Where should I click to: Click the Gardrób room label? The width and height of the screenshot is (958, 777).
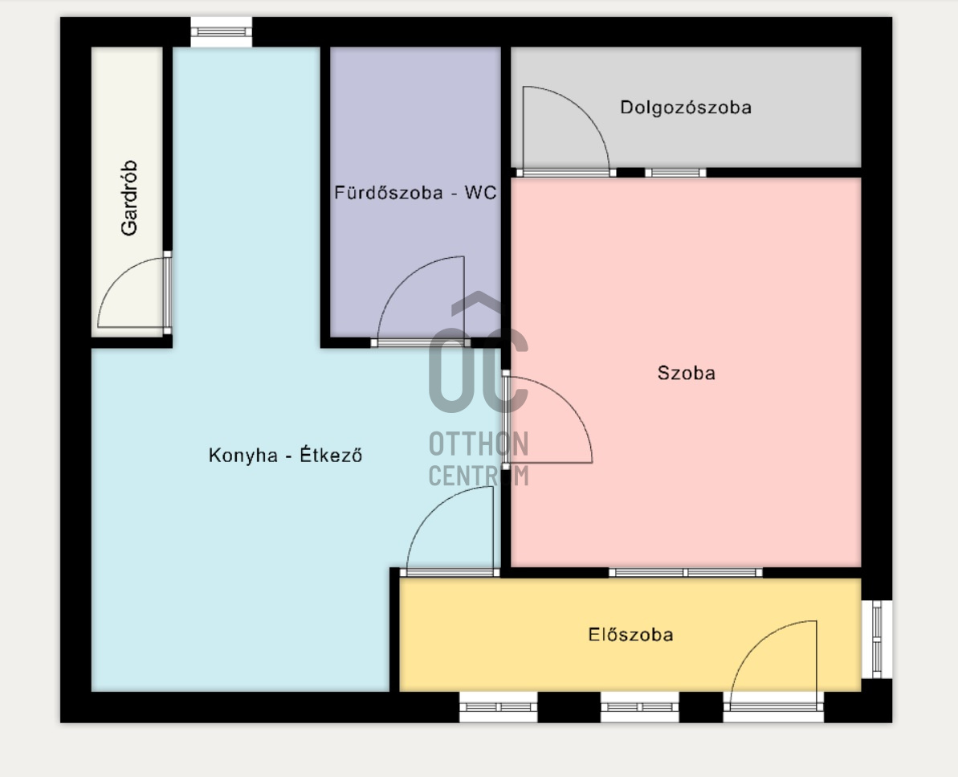[x=129, y=198]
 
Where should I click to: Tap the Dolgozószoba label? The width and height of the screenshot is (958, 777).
[x=686, y=108]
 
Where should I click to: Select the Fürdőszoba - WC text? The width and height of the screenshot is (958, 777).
[x=415, y=193]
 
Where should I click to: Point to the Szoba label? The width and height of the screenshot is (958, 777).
[x=686, y=373]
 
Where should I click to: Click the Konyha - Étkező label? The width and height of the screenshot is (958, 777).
[x=285, y=456]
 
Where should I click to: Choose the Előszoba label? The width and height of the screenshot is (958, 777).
[x=630, y=635]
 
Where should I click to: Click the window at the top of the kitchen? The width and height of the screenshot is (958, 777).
[x=221, y=32]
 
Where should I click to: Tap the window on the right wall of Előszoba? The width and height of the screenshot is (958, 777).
[x=877, y=640]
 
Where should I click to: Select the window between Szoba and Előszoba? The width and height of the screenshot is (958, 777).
[x=686, y=573]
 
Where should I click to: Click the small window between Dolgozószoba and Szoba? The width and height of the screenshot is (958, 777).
[x=675, y=173]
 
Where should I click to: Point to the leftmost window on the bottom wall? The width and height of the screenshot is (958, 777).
[x=499, y=707]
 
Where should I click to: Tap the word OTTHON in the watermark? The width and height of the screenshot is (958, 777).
[x=479, y=444]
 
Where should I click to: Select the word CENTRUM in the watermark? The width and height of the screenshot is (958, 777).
[x=479, y=476]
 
